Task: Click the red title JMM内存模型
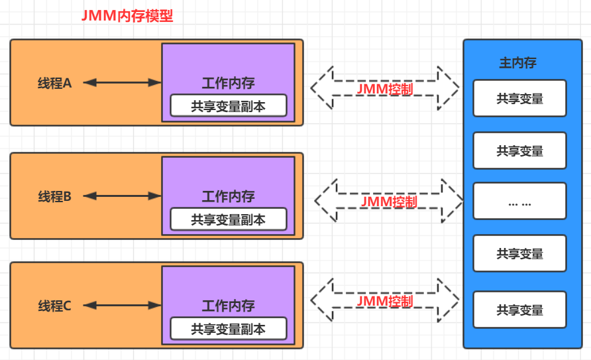pyautogui.click(x=127, y=17)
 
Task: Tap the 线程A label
pyautogui.click(x=54, y=83)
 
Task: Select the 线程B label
pyautogui.click(x=54, y=196)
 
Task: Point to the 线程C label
pyautogui.click(x=54, y=306)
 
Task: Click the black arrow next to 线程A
pyautogui.click(x=123, y=83)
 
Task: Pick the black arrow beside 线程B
pyautogui.click(x=123, y=196)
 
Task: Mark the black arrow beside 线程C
pyautogui.click(x=123, y=306)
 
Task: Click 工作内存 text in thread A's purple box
pyautogui.click(x=228, y=84)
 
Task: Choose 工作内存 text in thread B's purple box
pyautogui.click(x=228, y=197)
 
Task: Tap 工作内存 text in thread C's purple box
pyautogui.click(x=228, y=306)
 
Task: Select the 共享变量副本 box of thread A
pyautogui.click(x=228, y=106)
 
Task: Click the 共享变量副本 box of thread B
pyautogui.click(x=228, y=219)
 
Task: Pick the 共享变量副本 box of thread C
pyautogui.click(x=228, y=329)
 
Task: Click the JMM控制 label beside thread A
pyautogui.click(x=384, y=89)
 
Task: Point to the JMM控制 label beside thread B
pyautogui.click(x=389, y=202)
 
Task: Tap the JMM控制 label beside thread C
pyautogui.click(x=384, y=302)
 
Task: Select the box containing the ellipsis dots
pyautogui.click(x=519, y=202)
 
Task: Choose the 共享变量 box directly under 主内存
pyautogui.click(x=519, y=98)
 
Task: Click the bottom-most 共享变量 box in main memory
pyautogui.click(x=519, y=310)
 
